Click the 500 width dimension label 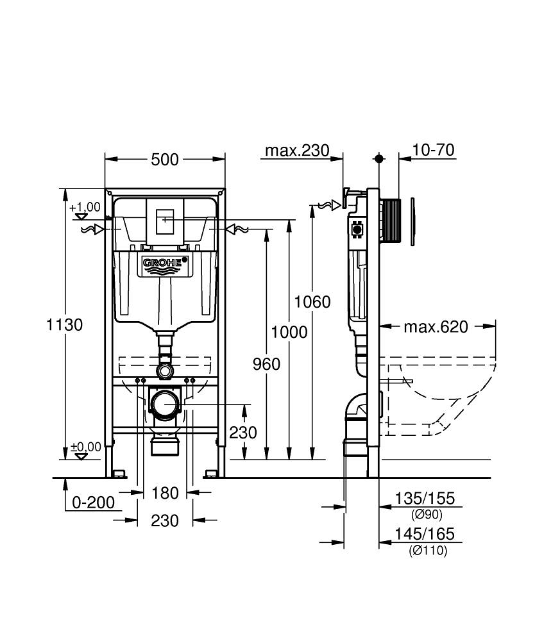tap(165, 160)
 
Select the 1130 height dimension tap(64, 325)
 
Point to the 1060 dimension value tap(312, 301)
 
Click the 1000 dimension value tap(289, 332)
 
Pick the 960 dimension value tap(266, 364)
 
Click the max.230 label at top tap(297, 151)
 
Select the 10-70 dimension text tap(434, 150)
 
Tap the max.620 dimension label tap(436, 327)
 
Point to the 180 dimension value tap(165, 493)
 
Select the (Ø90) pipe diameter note tap(426, 514)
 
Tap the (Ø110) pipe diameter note tap(427, 550)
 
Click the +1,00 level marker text tap(85, 206)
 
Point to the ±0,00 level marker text tap(85, 447)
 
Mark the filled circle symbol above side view tap(379, 158)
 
